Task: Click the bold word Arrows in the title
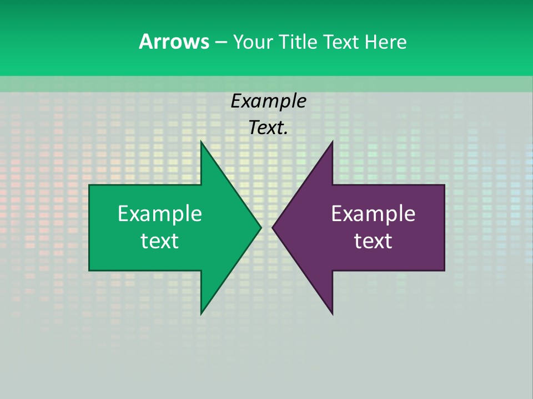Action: (x=173, y=42)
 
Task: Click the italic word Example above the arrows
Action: (x=268, y=101)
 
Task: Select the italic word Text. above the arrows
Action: (x=268, y=128)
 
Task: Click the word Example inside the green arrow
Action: (x=159, y=213)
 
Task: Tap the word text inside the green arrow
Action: (x=159, y=241)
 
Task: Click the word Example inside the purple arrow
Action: (x=373, y=213)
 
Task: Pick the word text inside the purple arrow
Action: (x=373, y=241)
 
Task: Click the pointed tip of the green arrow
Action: (x=260, y=227)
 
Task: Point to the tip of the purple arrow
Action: (x=273, y=227)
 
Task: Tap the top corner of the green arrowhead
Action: (x=201, y=142)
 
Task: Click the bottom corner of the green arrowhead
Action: (x=201, y=314)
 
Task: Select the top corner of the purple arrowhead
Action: (x=332, y=142)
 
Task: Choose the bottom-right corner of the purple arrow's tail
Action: (x=444, y=270)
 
